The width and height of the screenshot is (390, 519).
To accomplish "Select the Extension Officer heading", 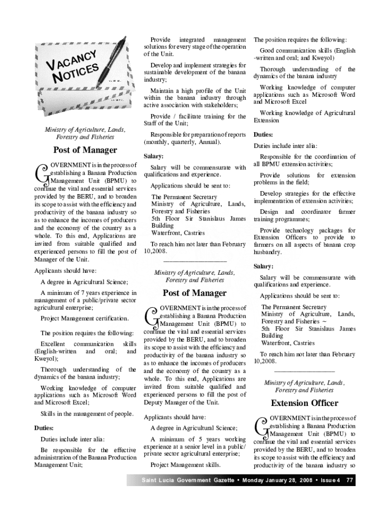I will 304,403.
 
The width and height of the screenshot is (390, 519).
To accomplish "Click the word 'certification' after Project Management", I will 111,318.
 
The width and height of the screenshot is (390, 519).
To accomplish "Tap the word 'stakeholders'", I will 218,105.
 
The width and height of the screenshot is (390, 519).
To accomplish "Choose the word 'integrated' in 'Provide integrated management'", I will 191,39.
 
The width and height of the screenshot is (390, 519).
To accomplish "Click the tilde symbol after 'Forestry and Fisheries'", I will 324,321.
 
